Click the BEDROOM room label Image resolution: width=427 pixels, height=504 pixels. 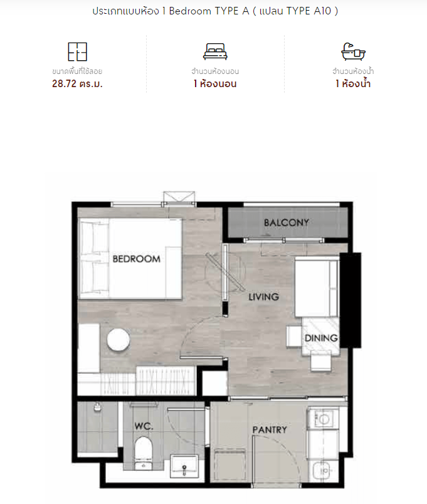coord(136,259)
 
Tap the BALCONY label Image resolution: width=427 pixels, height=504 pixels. coord(286,223)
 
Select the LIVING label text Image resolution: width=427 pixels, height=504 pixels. coord(263,297)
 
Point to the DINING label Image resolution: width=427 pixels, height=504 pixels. coord(321,338)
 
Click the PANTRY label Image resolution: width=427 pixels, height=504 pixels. coord(270,430)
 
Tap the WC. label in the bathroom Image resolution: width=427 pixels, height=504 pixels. coord(144,426)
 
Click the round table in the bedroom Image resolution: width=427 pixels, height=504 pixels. coord(119,340)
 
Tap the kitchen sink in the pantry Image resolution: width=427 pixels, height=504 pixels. coord(325,471)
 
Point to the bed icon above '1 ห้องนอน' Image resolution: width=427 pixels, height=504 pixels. coord(215,52)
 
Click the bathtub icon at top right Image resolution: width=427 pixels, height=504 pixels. coord(353,51)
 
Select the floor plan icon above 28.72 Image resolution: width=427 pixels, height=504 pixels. coord(78,52)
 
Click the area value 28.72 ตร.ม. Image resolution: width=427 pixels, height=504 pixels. coord(77,84)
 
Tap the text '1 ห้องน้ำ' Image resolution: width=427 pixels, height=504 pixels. coord(353,84)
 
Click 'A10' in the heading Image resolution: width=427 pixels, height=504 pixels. coord(322,11)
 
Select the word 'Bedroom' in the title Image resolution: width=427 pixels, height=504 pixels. coord(190,11)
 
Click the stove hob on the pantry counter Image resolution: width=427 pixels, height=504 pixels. coord(323,419)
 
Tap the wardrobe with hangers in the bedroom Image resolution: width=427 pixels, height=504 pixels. coord(166,381)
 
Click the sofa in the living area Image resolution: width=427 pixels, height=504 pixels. coord(317,288)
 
